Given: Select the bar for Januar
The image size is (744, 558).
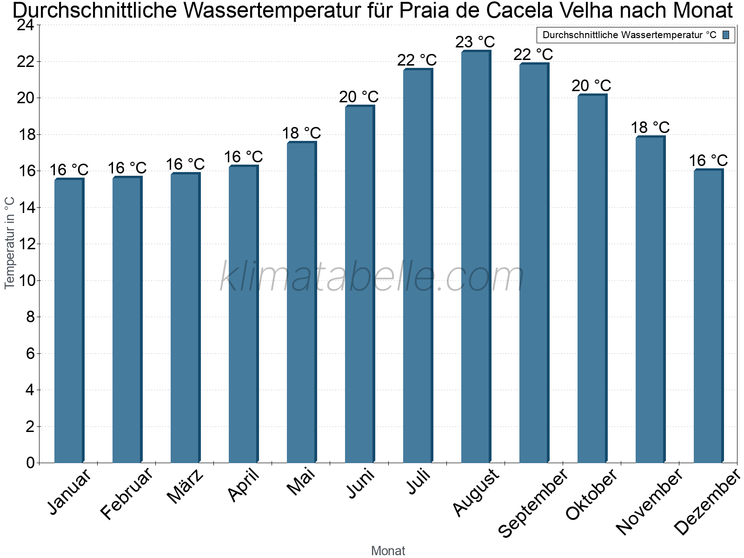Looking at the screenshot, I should (x=69, y=321).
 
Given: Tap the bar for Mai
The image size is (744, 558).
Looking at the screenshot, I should (x=301, y=302).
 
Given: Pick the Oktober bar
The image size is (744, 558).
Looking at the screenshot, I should (x=592, y=279).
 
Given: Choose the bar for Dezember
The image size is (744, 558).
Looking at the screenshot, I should (x=708, y=316).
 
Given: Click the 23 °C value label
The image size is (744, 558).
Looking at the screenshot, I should (x=475, y=42).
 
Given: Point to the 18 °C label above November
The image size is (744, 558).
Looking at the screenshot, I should (x=650, y=127).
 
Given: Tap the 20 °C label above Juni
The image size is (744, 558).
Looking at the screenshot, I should (x=359, y=97).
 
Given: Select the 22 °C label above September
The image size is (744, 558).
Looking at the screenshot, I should (x=533, y=55).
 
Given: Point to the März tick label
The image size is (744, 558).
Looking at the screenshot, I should (x=185, y=486).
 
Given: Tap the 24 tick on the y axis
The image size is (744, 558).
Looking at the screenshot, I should (x=26, y=25).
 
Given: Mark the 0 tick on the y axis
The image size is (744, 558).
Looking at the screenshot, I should (x=31, y=463).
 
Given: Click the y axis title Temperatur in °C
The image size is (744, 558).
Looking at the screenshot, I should (x=10, y=243).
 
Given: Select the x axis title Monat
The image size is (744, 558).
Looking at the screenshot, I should (x=388, y=551).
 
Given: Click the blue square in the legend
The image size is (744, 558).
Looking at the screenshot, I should (x=726, y=35).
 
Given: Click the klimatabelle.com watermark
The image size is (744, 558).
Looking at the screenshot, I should (x=372, y=278).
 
